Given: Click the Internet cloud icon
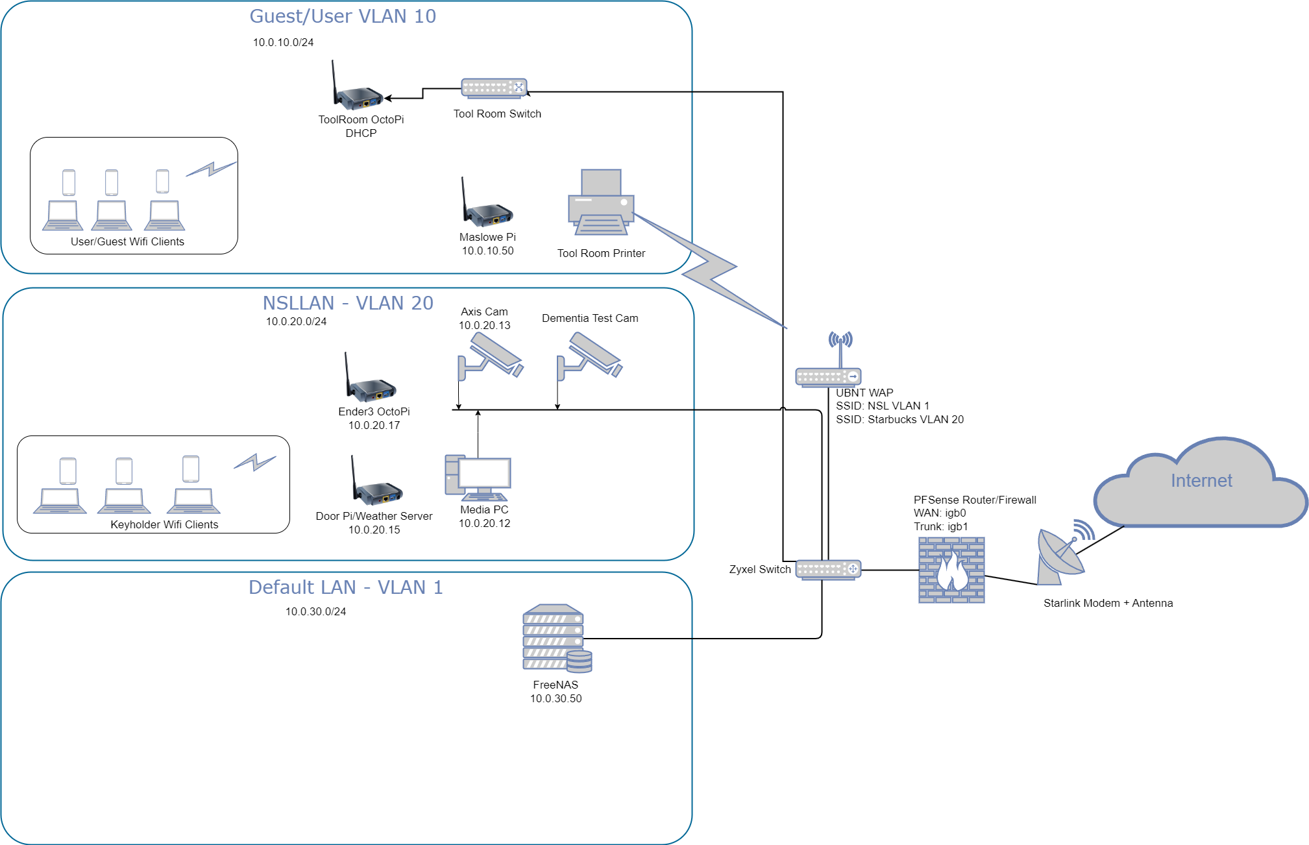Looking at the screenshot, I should pos(1201,484).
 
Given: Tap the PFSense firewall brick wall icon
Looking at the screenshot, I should pos(951,570).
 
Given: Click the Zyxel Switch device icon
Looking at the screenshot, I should pos(828,569).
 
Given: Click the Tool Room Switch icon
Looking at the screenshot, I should pos(494,88).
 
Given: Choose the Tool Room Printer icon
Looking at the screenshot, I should pos(601,202).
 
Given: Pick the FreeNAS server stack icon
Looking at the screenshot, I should pos(556,638).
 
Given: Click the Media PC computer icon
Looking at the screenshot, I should pos(478,477).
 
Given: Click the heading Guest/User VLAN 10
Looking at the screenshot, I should pos(343,16).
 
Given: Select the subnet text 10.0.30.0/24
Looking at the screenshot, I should pos(315,611).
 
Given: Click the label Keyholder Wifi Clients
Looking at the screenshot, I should pos(164,524).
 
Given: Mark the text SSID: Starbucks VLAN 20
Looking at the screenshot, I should pos(899,419).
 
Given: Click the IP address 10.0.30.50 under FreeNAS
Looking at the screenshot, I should pos(556,698).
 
